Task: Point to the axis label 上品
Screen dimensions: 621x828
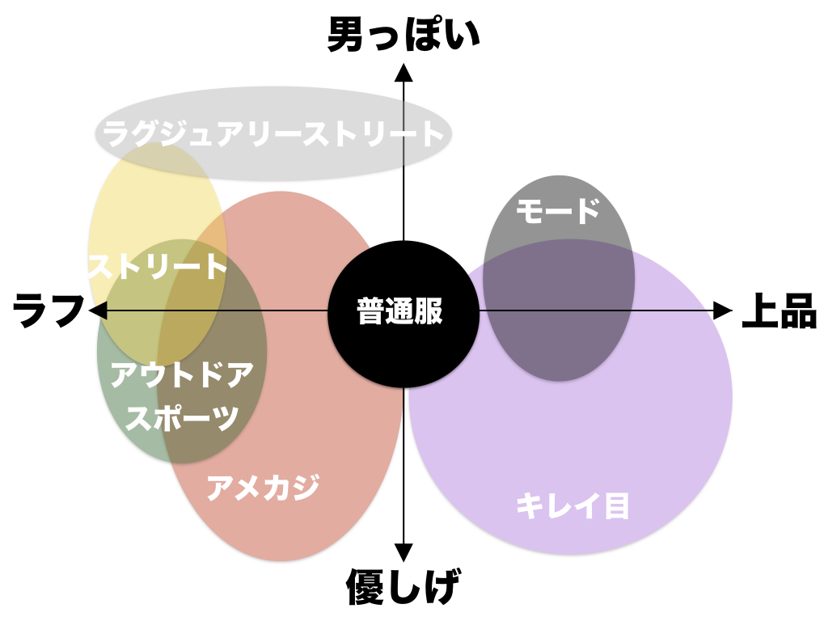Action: coord(779,310)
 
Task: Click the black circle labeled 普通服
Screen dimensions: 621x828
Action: coord(402,311)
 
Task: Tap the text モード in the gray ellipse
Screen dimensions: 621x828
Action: coord(558,211)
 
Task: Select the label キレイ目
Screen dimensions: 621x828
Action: coord(572,506)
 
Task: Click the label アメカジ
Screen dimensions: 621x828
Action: coord(264,487)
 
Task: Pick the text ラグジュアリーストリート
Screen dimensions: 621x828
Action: coord(274,134)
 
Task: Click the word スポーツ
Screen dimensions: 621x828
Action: coord(184,417)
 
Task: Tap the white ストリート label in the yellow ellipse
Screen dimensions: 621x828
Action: coord(157,266)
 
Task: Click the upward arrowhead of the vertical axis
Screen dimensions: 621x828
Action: coord(403,74)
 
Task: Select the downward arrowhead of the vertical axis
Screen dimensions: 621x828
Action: coord(403,553)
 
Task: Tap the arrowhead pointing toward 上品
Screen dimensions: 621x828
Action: coord(722,310)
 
